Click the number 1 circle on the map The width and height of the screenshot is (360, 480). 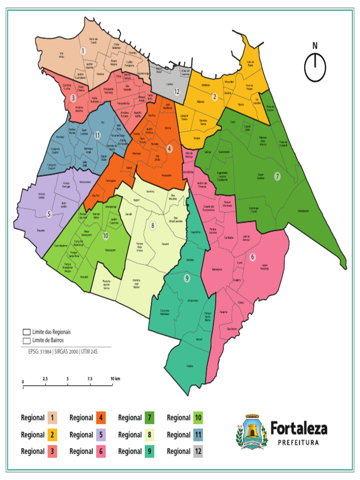coord(83,51)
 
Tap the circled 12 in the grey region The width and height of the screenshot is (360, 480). coord(177,92)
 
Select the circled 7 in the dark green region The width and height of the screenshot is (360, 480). coord(277,176)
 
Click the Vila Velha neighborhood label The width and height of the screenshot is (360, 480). coord(61,56)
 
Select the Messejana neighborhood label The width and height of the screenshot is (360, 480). coord(216,269)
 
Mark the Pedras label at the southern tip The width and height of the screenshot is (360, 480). coord(189,366)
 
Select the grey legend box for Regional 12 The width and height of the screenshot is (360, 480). coord(198,451)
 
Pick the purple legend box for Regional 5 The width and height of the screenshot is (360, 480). coord(101,435)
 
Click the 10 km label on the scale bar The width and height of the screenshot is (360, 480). coord(115,378)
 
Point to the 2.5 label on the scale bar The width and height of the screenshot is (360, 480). coord(45,378)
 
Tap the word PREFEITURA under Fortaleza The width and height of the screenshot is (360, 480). coord(299,442)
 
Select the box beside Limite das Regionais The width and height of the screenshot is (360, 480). coord(26,331)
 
